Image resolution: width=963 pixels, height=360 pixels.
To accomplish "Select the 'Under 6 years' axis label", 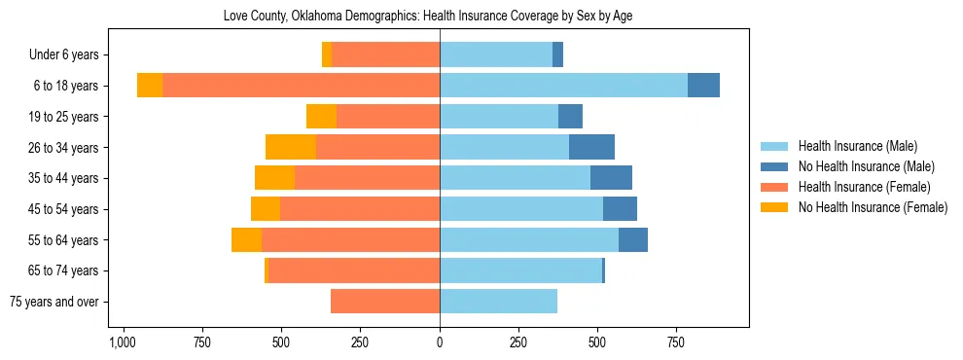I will click(70, 54).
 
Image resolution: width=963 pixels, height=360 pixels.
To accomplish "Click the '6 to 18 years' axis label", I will click(66, 86).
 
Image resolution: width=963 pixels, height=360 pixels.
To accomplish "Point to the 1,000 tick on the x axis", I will click(122, 343).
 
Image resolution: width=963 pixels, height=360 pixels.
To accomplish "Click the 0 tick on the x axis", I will click(440, 343).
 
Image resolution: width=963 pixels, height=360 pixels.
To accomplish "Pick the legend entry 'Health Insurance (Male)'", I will click(857, 146).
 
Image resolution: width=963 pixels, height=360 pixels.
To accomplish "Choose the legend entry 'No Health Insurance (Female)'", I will click(873, 207).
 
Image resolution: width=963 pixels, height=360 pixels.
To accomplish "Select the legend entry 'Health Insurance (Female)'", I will click(864, 187).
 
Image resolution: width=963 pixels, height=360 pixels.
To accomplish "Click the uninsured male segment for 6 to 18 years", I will click(703, 86).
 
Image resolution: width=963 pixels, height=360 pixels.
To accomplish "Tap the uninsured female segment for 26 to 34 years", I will click(291, 147).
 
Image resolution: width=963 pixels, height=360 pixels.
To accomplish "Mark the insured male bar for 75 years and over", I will click(498, 302).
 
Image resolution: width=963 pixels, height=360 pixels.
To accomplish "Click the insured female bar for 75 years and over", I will click(385, 302).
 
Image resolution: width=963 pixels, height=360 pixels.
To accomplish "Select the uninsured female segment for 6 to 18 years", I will click(150, 86).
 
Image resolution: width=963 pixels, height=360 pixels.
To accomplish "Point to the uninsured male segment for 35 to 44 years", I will click(611, 178).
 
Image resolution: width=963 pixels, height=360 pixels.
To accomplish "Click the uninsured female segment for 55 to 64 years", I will click(246, 239).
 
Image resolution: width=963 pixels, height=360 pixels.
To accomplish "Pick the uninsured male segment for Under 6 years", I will click(557, 54).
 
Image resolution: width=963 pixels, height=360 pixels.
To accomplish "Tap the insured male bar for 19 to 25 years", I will click(499, 117).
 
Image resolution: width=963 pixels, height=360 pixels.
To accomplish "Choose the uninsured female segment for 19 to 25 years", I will click(321, 117).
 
